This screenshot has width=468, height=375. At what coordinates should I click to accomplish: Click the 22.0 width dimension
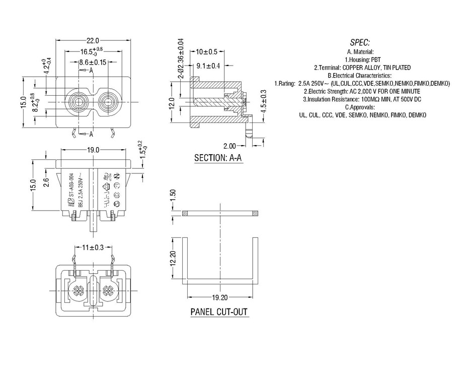tap(92, 41)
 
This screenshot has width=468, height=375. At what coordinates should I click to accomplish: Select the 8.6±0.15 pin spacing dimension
tap(92, 62)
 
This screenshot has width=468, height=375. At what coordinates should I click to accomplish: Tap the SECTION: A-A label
tap(218, 158)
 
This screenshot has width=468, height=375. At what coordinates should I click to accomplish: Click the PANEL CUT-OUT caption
tap(219, 312)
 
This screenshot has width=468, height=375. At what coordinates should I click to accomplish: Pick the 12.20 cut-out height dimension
tap(173, 259)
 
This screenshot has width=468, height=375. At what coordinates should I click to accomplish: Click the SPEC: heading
tap(360, 42)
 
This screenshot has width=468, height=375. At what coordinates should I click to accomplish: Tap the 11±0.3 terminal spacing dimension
tap(92, 247)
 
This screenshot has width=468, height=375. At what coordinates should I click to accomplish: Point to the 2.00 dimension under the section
tap(229, 146)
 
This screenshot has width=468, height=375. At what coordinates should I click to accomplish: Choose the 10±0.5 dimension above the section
tap(206, 52)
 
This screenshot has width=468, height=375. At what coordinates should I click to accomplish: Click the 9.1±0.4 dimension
tap(207, 66)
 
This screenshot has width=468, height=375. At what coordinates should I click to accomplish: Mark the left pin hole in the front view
tap(79, 101)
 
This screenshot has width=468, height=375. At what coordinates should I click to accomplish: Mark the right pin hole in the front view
tap(108, 101)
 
